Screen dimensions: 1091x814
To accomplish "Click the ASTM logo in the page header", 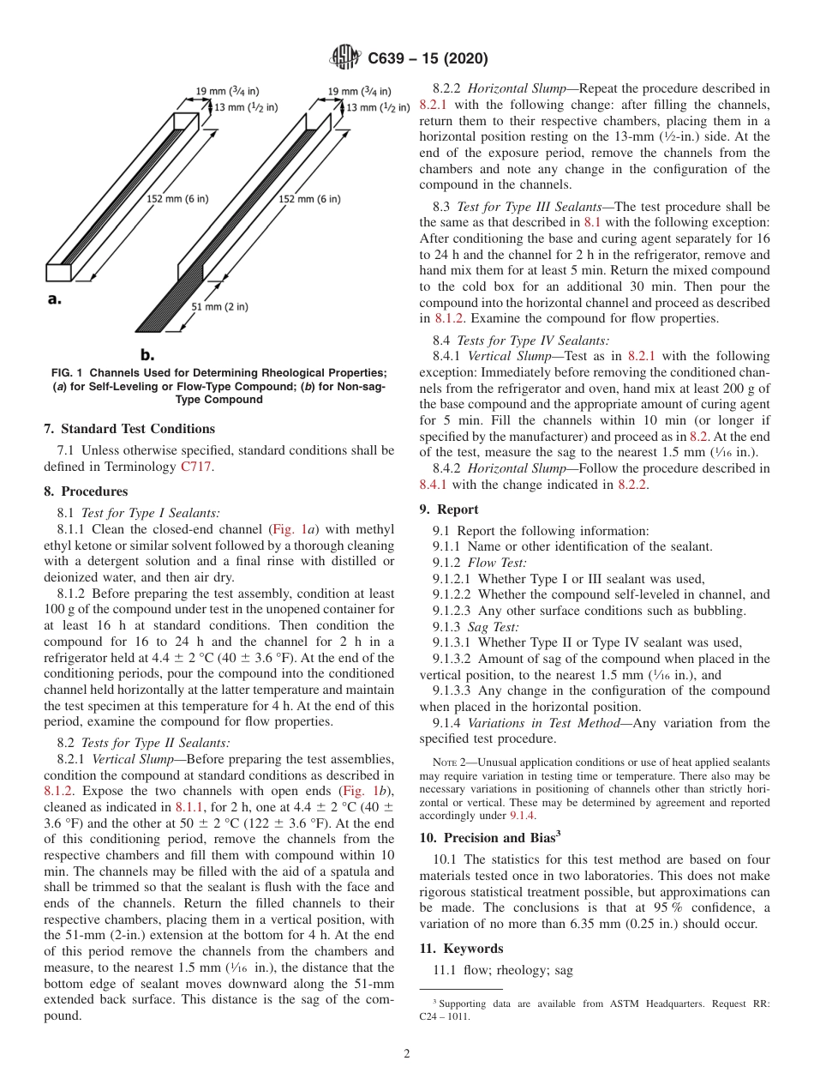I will coord(345,58).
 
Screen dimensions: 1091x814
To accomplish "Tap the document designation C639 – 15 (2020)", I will coord(428,58).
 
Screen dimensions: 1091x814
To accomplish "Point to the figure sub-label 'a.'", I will coord(53,300).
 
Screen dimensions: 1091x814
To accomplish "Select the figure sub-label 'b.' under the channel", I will coord(147,353).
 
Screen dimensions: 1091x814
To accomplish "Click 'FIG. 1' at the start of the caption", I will coord(64,372).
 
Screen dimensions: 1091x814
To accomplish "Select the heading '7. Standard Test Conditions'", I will coord(129,429).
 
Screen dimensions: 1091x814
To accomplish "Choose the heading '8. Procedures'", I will coord(86,491).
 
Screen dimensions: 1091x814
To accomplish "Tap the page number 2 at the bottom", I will coord(407,1054).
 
